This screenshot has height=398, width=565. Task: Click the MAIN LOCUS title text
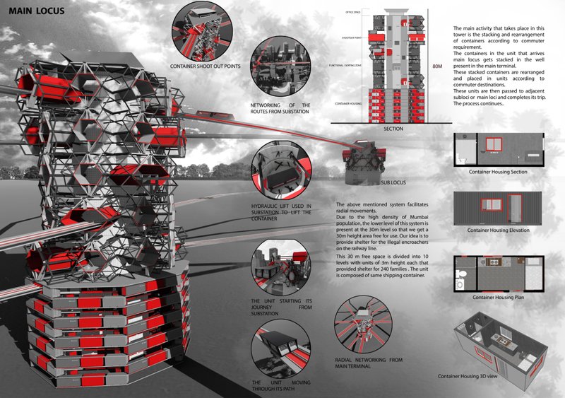coord(37,11)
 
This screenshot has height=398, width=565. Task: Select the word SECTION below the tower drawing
coord(393,129)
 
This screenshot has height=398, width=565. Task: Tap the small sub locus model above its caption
coord(364,160)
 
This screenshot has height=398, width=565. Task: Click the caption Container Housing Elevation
coord(502,230)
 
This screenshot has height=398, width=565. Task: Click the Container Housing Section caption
coord(502,172)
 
